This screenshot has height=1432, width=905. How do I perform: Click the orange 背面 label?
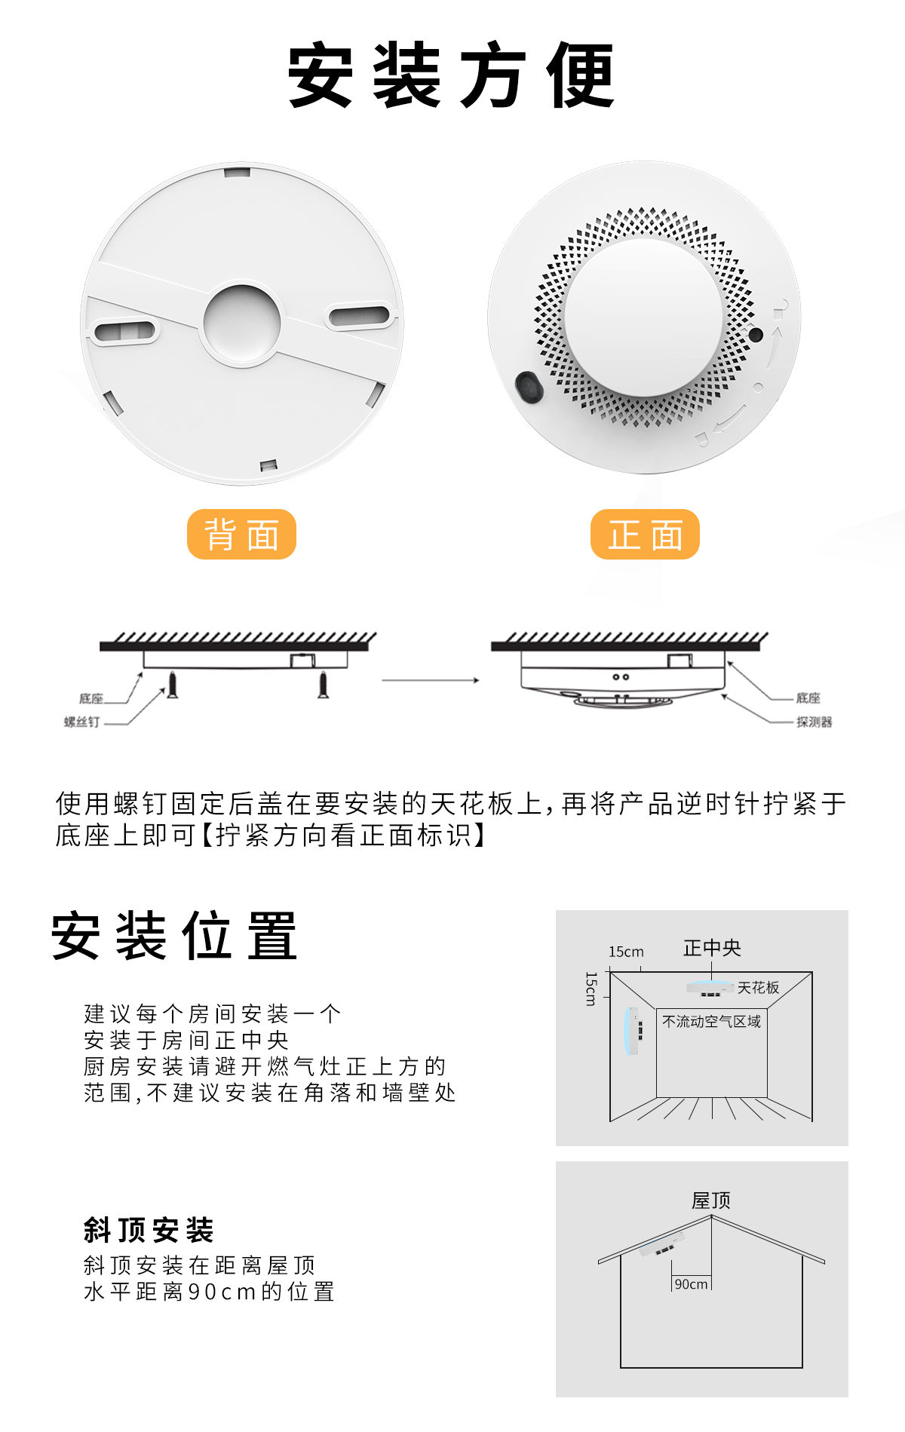(x=241, y=535)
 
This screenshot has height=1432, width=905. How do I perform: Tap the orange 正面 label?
(x=645, y=535)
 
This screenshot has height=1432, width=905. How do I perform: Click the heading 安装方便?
(x=452, y=75)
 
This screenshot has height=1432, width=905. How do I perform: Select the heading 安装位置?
(x=174, y=936)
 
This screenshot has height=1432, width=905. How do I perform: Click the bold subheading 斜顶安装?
(x=149, y=1230)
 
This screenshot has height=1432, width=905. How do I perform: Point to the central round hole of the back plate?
(x=242, y=323)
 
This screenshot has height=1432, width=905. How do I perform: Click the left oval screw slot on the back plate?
(x=124, y=330)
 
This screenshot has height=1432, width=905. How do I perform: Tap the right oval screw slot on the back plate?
(x=359, y=315)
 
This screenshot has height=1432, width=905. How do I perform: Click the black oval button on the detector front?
(x=529, y=387)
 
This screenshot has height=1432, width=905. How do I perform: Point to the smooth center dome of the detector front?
(x=643, y=317)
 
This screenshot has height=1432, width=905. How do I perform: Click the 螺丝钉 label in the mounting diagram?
(x=81, y=722)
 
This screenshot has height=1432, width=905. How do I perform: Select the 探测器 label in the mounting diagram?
(x=814, y=722)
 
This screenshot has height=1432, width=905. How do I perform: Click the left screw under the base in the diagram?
(x=173, y=685)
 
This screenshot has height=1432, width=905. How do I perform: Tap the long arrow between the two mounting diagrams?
(x=431, y=680)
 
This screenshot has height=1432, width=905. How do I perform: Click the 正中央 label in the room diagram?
(x=712, y=948)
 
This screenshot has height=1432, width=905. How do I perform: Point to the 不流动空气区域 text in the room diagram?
(x=711, y=1022)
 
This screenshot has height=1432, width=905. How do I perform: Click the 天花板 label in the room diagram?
(x=758, y=988)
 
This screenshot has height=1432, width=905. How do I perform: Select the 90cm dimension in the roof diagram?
(x=692, y=1284)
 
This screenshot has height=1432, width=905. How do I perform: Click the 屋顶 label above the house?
(x=711, y=1200)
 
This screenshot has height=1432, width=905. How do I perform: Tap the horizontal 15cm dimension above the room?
(x=626, y=952)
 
